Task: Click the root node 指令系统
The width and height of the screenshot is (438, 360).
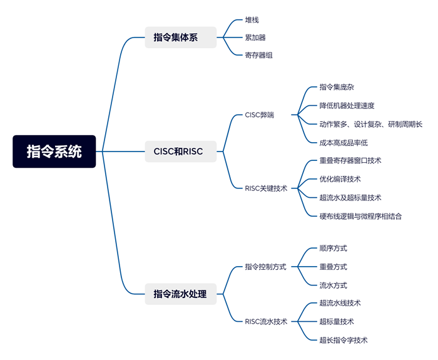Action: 54,152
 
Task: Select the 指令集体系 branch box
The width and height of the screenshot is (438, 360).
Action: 180,38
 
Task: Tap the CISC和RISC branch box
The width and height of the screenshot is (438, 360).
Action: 180,151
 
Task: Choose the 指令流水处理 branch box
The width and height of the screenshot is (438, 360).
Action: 180,294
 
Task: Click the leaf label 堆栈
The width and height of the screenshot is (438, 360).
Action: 252,20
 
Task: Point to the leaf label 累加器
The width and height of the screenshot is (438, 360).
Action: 256,38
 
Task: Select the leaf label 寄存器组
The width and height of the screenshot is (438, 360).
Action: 259,55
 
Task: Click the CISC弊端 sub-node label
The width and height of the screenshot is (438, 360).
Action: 259,115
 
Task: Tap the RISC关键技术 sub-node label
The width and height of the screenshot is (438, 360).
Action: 266,188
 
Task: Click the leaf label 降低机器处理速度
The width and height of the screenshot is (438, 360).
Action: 347,106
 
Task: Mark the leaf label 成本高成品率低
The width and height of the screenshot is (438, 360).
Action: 344,143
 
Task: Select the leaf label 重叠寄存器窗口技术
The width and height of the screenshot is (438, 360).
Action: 350,160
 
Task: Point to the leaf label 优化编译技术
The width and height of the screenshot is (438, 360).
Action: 340,179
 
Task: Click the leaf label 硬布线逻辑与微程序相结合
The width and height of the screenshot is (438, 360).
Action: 360,216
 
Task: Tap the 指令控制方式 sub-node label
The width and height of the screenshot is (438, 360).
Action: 265,267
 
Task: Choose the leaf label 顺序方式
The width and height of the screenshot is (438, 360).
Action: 333,249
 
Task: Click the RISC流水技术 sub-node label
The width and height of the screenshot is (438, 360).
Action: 266,322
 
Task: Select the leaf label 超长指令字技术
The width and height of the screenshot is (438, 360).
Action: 343,341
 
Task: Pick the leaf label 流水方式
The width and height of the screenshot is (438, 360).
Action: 333,285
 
